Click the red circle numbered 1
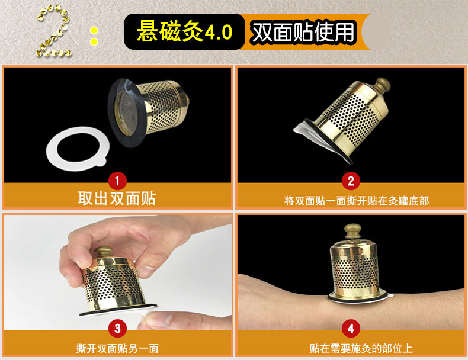point(117,181)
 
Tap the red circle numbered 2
point(351,181)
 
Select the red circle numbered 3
point(117,329)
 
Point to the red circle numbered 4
point(351,329)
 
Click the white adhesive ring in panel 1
point(51,149)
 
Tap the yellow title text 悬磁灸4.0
point(184,31)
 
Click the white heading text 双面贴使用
point(303,32)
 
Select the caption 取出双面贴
point(117,198)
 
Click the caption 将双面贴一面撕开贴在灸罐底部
point(357,201)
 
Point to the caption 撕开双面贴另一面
point(117,348)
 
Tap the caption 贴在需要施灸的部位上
point(361,348)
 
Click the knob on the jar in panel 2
point(382,85)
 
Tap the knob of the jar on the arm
point(352,231)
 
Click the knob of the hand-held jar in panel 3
point(104,252)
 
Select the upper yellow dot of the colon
point(94,31)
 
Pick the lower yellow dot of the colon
point(94,41)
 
